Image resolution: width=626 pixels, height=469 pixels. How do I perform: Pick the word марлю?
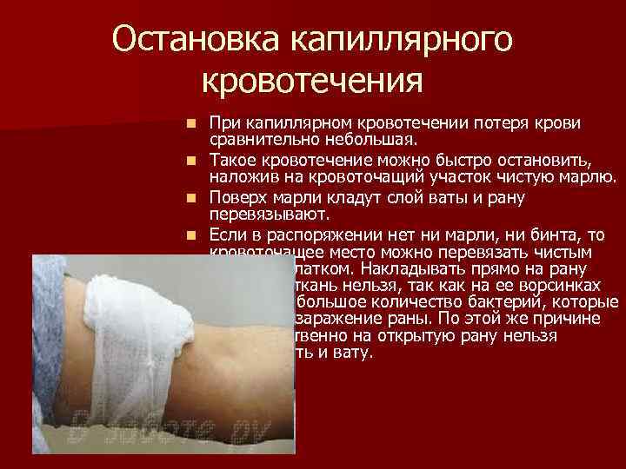pyautogui.click(x=589, y=177)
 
